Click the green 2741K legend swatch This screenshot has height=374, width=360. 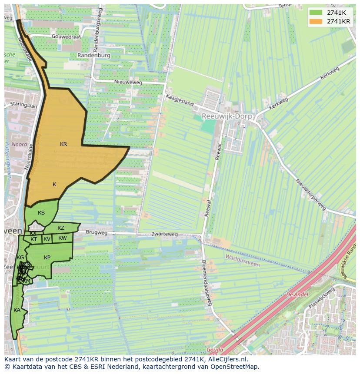tap(316, 13)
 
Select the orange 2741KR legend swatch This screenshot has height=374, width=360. tap(316, 21)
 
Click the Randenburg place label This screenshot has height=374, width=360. tap(93, 56)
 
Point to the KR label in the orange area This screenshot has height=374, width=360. tap(63, 144)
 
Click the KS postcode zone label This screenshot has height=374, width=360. tap(41, 212)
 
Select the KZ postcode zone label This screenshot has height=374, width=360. tap(61, 228)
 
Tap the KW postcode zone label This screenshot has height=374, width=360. tap(63, 238)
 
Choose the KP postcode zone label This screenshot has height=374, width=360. tap(47, 258)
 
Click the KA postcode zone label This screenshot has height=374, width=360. tap(17, 310)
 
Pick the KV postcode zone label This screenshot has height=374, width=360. tap(47, 239)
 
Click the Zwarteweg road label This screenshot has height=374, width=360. tap(165, 234)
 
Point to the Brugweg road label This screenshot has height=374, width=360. tap(97, 233)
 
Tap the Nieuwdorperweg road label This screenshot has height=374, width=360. tap(310, 194)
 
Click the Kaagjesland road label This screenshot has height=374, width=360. tap(179, 100)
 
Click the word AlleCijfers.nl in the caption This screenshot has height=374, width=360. tap(227, 359)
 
